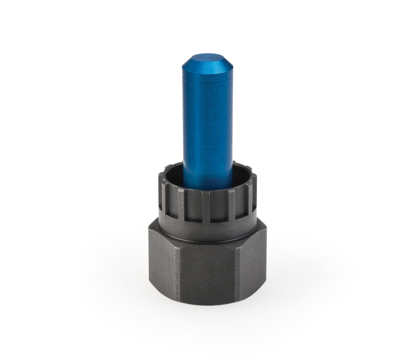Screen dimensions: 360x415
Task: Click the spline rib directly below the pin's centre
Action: tap(206, 205)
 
